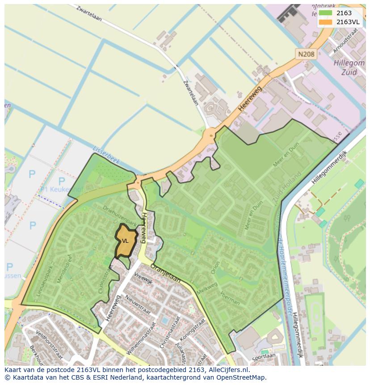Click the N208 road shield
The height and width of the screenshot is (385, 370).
click(307, 54)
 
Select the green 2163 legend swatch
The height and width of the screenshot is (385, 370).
click(326, 13)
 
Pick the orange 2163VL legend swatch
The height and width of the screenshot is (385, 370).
click(326, 21)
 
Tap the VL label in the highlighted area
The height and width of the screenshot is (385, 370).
click(125, 241)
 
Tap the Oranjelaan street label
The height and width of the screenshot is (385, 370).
click(165, 273)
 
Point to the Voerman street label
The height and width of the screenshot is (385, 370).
click(230, 298)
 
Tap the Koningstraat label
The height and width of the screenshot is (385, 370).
click(198, 330)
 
